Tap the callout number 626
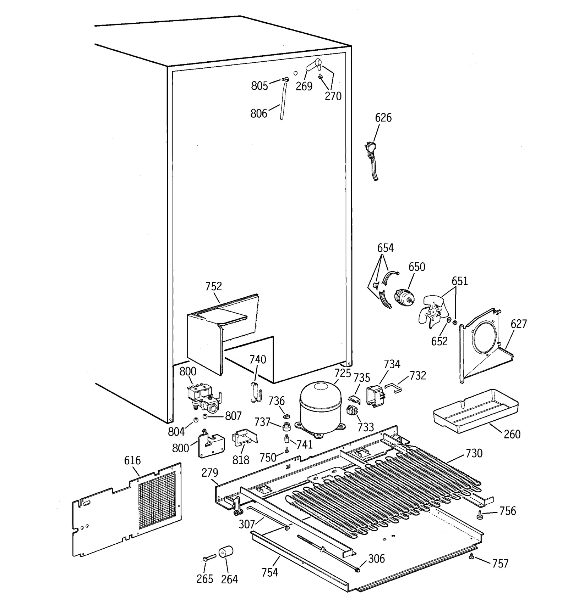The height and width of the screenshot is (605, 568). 383,118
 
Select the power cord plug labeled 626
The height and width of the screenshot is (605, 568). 370,149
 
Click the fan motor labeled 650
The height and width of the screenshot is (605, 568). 403,297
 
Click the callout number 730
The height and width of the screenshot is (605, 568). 474,453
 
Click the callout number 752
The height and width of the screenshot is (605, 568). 213,286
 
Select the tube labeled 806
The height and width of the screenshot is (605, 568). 283,101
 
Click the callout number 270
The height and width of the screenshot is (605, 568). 333,96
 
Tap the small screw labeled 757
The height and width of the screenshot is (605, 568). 471,556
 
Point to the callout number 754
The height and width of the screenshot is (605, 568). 269,572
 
